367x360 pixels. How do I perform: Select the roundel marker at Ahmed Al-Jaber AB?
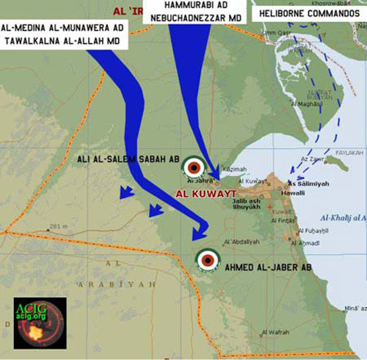(207, 259)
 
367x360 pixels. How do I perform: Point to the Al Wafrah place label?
(275, 332)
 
